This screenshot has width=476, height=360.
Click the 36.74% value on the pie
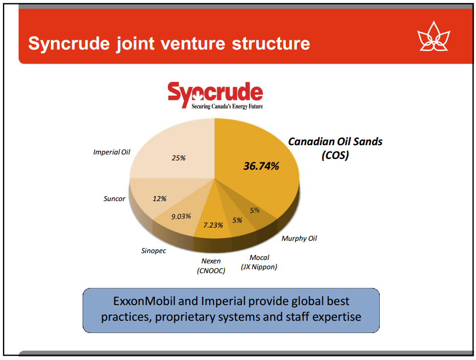point(261,166)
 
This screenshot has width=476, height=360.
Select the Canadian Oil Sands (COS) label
point(335,148)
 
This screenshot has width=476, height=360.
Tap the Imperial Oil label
point(111,152)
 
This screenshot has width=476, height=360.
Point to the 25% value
point(179,158)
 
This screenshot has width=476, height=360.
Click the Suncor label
point(114,199)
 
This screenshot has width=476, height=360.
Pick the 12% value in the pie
point(159,199)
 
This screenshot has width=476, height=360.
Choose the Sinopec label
point(153,251)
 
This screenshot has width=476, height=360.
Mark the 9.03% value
point(181,216)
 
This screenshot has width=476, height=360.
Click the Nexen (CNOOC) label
point(211,266)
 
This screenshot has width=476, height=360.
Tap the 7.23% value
point(213,225)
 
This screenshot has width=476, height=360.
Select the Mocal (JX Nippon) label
point(259,262)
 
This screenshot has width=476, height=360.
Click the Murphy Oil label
point(299,238)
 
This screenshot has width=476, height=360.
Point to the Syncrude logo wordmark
point(215,92)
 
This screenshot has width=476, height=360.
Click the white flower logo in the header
point(433,36)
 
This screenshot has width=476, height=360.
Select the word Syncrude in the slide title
point(69,43)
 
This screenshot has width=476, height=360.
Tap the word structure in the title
point(271,43)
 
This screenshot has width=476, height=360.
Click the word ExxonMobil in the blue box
point(144,301)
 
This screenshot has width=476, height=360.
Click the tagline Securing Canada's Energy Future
point(227,106)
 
